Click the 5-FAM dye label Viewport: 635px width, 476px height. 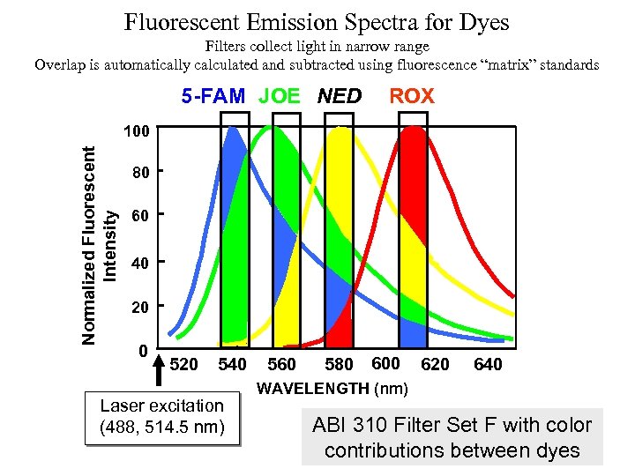pos(213,96)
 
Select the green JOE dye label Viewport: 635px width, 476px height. pos(279,96)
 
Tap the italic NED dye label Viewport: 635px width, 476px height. pos(339,96)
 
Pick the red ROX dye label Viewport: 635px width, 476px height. pos(412,96)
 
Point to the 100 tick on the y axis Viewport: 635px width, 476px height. pos(135,131)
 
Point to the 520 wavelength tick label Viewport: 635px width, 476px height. pos(183,365)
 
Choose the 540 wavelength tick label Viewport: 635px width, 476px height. pos(232,365)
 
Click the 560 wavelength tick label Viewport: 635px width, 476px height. pos(281,365)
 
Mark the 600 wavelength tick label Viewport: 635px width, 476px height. pos(385,363)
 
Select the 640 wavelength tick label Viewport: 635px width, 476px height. pos(488,365)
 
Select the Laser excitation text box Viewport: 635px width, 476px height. pos(162,417)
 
